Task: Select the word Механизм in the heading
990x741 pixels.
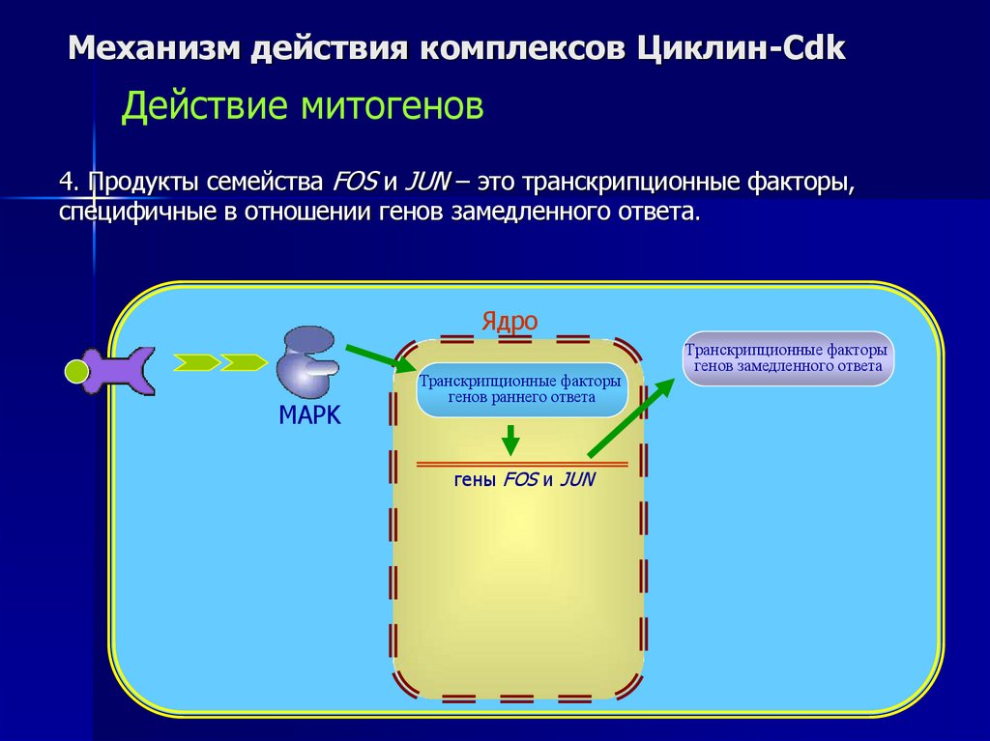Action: [x=154, y=48]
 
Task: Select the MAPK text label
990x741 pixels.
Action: [x=309, y=415]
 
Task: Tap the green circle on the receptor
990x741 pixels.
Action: [x=76, y=370]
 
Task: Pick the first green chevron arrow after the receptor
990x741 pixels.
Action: [x=197, y=362]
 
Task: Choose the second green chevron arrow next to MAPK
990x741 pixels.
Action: [x=244, y=362]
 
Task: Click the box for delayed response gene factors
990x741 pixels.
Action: [x=788, y=358]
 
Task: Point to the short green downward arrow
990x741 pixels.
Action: [x=510, y=440]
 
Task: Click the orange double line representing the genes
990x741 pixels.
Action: [x=522, y=464]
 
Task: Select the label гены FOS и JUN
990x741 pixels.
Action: [x=523, y=480]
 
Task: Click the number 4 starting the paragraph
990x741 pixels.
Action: [x=66, y=182]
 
